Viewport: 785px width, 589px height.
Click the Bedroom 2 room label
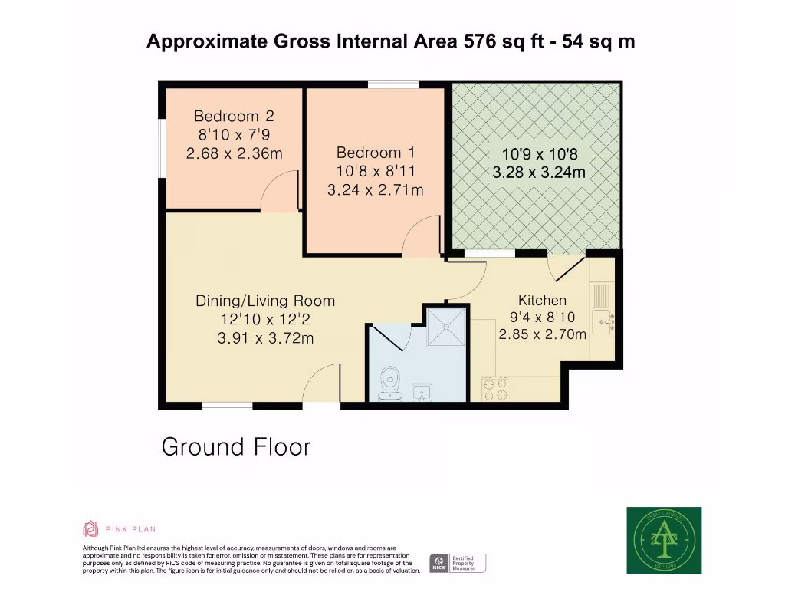pos(234,117)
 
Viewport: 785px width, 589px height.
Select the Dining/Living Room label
pos(265,301)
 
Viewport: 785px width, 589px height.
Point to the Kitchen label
pos(542,300)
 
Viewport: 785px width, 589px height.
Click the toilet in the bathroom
pos(389,380)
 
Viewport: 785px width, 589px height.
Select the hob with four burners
pos(494,389)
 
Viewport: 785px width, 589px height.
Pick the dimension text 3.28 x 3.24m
pos(538,173)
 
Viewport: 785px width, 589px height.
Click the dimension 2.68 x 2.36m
pos(234,153)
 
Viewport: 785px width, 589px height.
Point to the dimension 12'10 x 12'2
pos(265,319)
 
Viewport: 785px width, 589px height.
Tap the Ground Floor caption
pos(236,446)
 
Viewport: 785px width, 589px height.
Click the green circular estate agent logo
pos(664,541)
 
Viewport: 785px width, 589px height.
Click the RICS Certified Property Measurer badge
pos(458,564)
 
